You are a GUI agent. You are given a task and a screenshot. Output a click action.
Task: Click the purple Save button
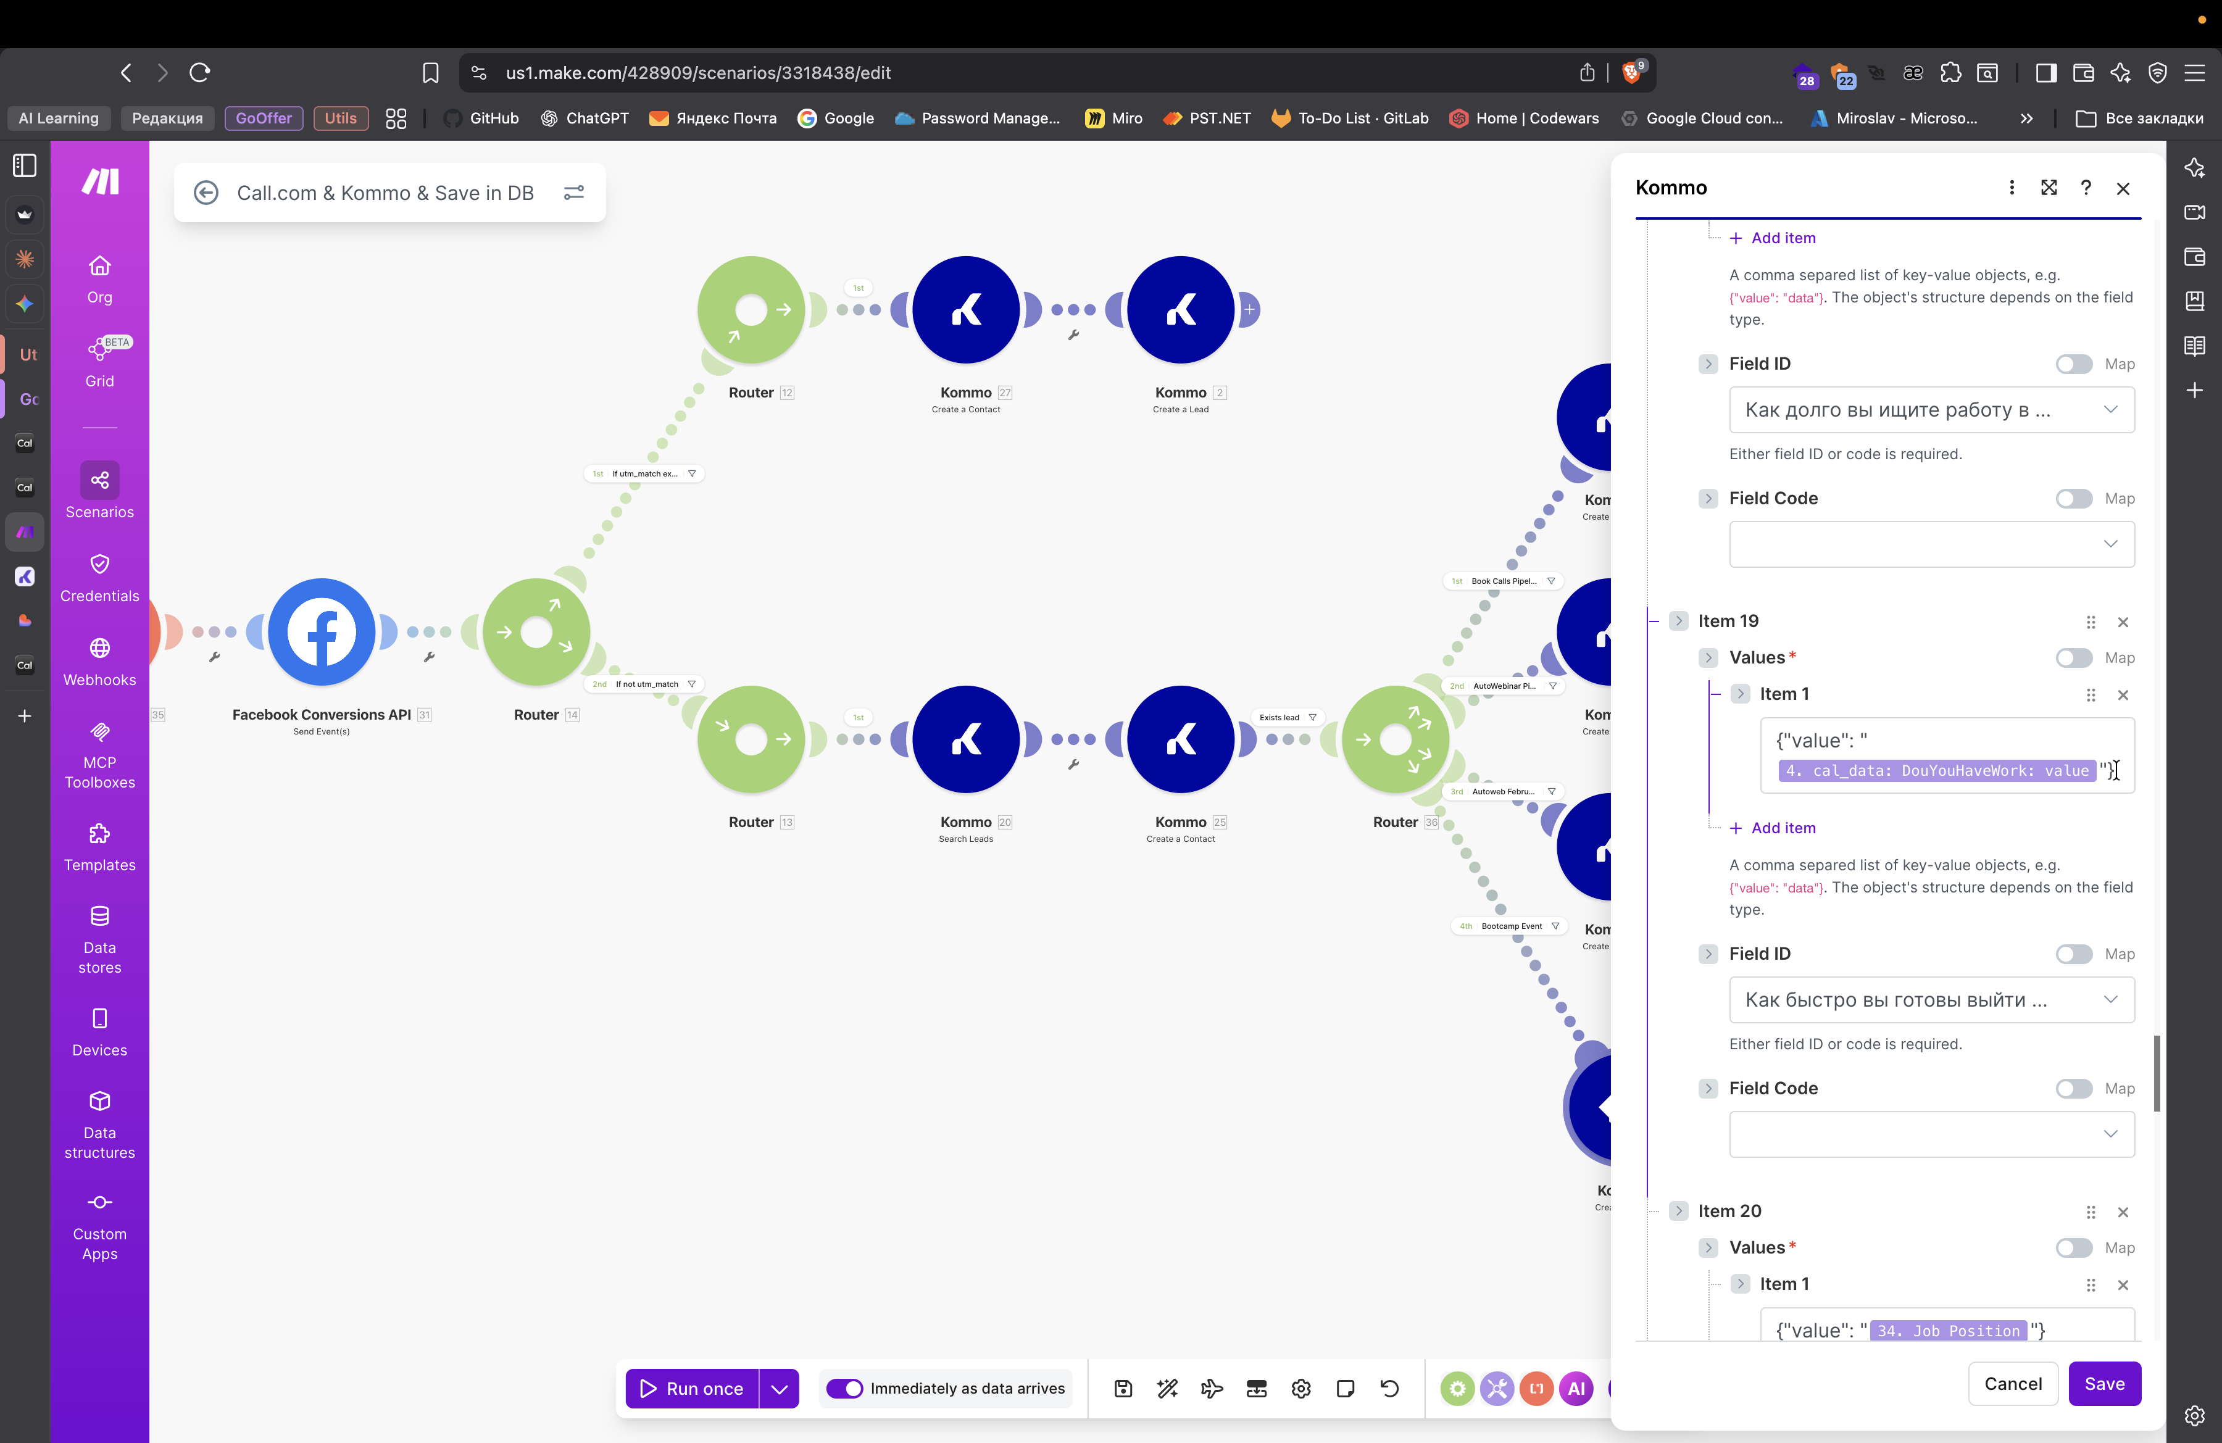pyautogui.click(x=2103, y=1383)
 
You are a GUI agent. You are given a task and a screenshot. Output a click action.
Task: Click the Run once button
pyautogui.click(x=692, y=1388)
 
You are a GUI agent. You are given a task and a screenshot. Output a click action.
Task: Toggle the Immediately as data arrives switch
pyautogui.click(x=845, y=1388)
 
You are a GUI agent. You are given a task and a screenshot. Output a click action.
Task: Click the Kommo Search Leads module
pyautogui.click(x=965, y=739)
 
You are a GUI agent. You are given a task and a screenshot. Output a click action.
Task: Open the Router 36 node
pyautogui.click(x=1395, y=739)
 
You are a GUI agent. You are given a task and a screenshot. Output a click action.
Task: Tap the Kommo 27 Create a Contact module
pyautogui.click(x=965, y=310)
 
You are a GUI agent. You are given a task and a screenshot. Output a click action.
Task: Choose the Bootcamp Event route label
pyautogui.click(x=1510, y=926)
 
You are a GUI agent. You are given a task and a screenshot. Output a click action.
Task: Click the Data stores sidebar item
pyautogui.click(x=100, y=938)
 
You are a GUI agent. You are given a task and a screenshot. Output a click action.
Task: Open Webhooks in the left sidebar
pyautogui.click(x=100, y=661)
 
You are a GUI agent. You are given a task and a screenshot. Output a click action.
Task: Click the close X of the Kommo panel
pyautogui.click(x=2122, y=188)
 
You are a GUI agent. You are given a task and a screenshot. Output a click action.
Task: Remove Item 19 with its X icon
pyautogui.click(x=2122, y=622)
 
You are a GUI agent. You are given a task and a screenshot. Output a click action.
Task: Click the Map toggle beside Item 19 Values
pyautogui.click(x=2073, y=658)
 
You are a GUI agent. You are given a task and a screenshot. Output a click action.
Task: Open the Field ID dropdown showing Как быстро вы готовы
pyautogui.click(x=1931, y=1000)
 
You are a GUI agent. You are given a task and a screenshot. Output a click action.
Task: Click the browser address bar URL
pyautogui.click(x=697, y=73)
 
